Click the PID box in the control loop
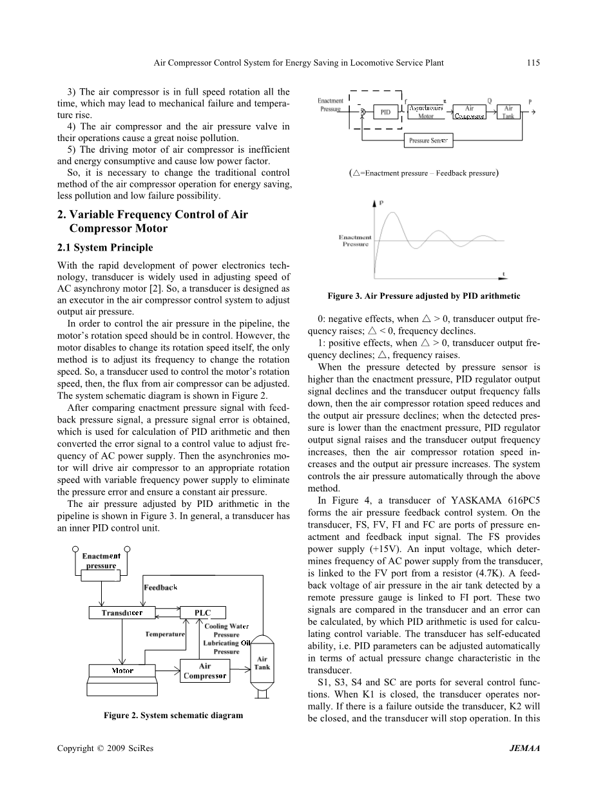point(385,112)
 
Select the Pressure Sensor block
point(427,140)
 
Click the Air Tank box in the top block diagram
point(508,112)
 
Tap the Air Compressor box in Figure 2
point(205,671)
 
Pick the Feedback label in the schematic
point(160,587)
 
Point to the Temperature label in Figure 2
point(165,634)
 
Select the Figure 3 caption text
point(423,296)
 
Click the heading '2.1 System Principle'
point(105,248)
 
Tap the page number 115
point(532,62)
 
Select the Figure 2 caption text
point(173,716)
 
